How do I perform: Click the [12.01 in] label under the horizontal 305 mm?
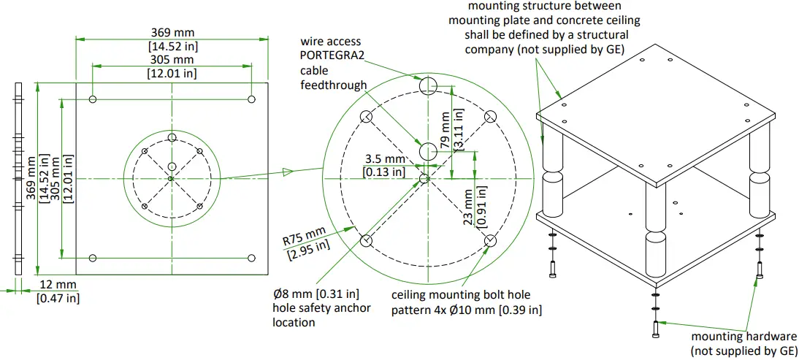172,73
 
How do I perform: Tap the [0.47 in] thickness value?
58,298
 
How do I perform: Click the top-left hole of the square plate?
93,99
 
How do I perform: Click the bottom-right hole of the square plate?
251,257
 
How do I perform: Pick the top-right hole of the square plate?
251,99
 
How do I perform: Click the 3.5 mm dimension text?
384,159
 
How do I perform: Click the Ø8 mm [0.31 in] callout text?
316,294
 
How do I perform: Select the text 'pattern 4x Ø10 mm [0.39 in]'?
466,310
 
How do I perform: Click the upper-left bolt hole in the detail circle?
367,117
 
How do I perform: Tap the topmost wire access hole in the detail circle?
427,87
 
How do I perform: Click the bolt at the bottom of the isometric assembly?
655,330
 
